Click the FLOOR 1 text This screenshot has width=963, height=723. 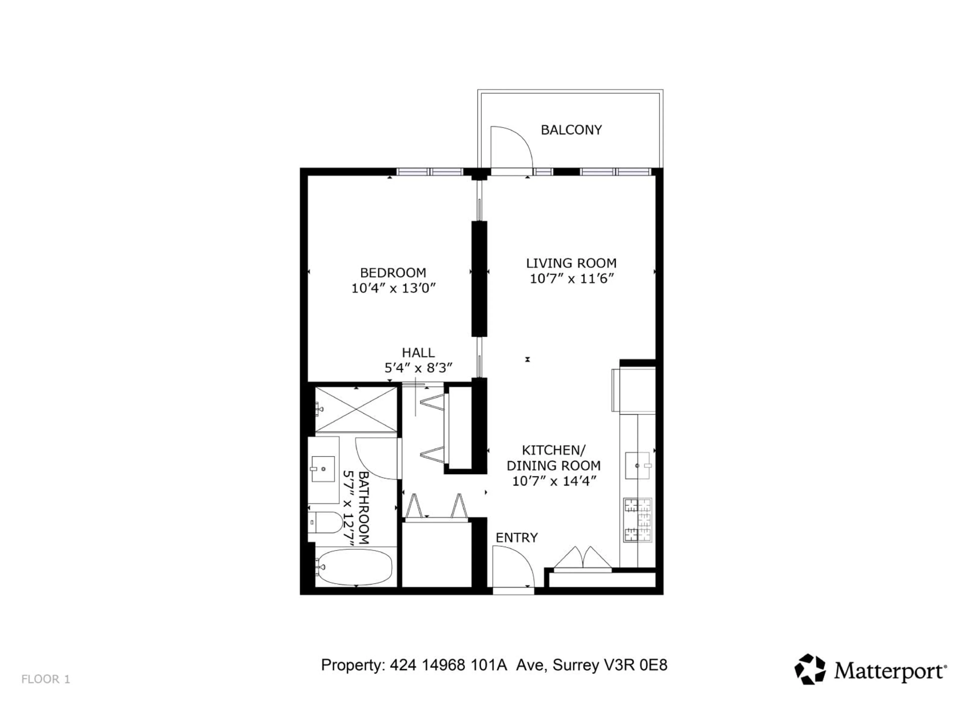click(x=46, y=679)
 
